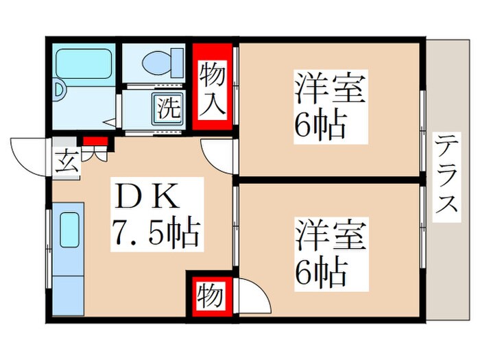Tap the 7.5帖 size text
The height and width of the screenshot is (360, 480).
click(x=156, y=232)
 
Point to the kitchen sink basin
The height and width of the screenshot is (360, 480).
click(x=70, y=230)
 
